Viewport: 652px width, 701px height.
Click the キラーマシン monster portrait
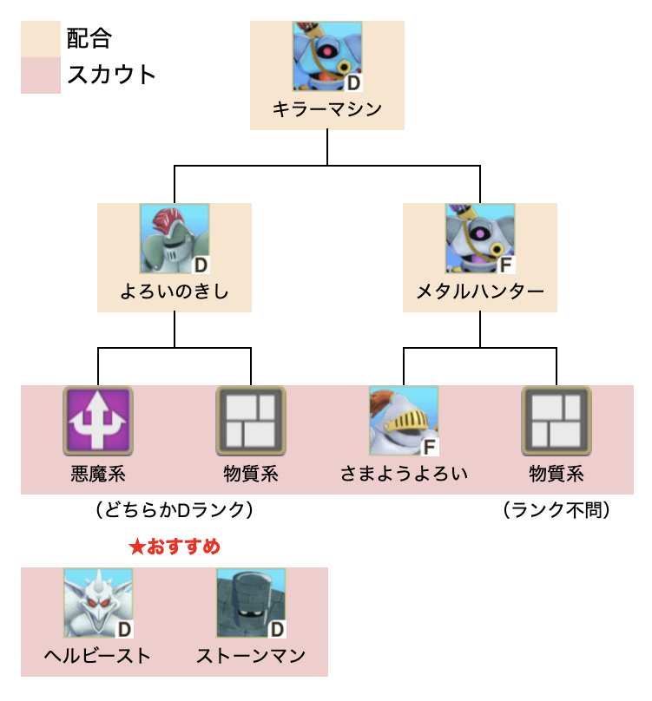point(327,57)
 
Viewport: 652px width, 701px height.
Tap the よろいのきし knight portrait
point(175,239)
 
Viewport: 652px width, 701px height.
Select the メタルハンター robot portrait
point(480,239)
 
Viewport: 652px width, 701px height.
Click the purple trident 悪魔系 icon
point(98,422)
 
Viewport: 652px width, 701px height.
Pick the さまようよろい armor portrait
point(404,422)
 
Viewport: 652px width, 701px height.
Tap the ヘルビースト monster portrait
point(98,604)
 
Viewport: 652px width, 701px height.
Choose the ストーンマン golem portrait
point(251,604)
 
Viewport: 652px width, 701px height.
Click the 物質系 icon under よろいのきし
point(251,422)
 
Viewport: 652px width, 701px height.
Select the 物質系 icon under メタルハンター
point(557,422)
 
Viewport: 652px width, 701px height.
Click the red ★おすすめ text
point(175,547)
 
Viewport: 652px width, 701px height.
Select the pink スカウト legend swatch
point(41,75)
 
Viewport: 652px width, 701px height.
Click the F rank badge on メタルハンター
point(505,265)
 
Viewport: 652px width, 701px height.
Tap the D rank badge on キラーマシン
point(352,83)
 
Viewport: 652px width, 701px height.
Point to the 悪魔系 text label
point(98,474)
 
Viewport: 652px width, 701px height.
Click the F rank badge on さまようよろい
point(429,448)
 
